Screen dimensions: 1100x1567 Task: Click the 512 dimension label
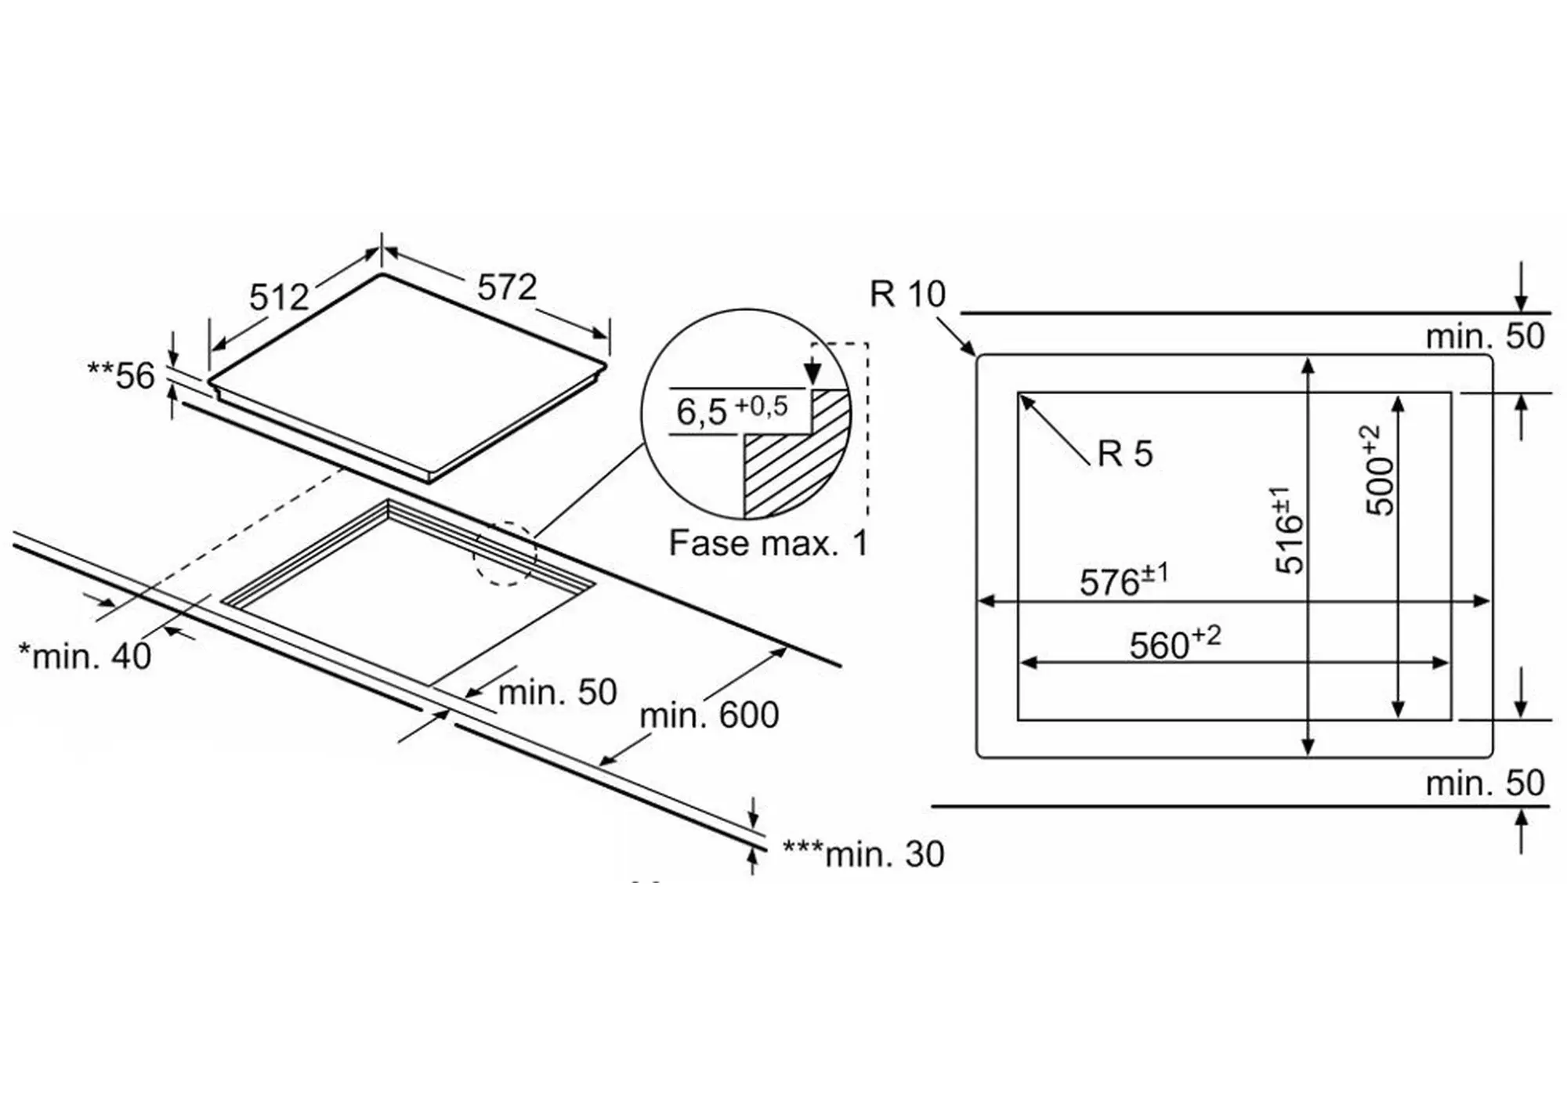click(x=279, y=298)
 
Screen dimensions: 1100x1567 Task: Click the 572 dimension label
click(x=507, y=288)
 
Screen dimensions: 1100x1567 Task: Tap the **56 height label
click(x=121, y=376)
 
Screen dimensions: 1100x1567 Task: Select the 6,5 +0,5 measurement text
click(x=732, y=410)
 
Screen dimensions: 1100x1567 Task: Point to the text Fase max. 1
click(x=768, y=543)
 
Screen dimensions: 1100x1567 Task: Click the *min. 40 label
click(x=85, y=657)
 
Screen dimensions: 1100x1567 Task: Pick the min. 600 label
click(x=709, y=715)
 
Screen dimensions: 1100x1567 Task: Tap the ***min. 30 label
click(x=863, y=854)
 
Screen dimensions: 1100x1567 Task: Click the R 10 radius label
click(x=907, y=295)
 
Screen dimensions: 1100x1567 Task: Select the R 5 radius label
click(x=1125, y=454)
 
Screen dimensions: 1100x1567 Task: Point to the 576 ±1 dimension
click(x=1124, y=581)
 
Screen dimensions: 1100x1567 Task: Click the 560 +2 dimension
click(x=1174, y=644)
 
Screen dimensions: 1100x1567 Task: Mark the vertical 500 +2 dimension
click(x=1381, y=470)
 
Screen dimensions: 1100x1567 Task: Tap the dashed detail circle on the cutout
click(x=505, y=553)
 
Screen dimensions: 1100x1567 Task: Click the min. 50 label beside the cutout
click(x=557, y=692)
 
